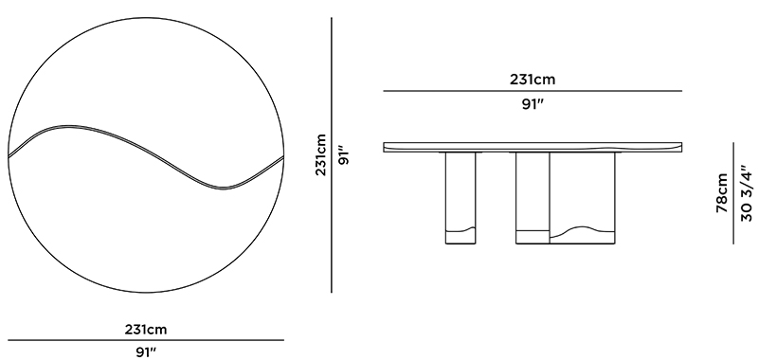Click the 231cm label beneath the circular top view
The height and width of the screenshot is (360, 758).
click(x=146, y=330)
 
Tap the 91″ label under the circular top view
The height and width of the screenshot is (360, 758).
click(x=146, y=352)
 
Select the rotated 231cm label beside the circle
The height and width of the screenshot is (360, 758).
click(x=321, y=154)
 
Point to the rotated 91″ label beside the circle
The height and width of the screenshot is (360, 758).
click(x=344, y=154)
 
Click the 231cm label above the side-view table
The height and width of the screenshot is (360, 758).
click(x=532, y=80)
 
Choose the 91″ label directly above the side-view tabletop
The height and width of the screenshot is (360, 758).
click(x=532, y=105)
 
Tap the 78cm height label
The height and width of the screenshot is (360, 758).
click(x=722, y=193)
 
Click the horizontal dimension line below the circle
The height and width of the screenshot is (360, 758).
click(x=146, y=340)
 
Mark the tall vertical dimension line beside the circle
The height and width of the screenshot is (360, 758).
click(x=331, y=155)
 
